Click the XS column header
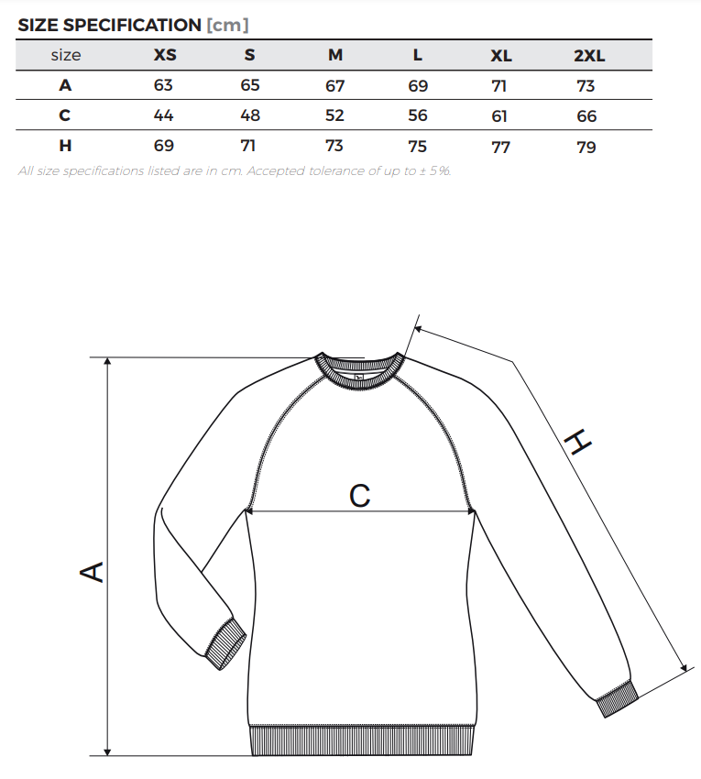coord(165,55)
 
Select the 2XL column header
coord(589,55)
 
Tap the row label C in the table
coord(64,115)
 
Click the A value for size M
coord(334,86)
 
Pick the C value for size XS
coord(163,115)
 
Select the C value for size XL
coord(499,116)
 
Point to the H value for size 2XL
coord(586,147)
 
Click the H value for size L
coord(417,146)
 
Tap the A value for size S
coord(250,85)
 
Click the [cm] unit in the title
coord(227,25)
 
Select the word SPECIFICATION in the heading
coord(132,25)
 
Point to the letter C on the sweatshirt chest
coord(360,495)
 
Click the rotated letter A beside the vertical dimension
coord(92,571)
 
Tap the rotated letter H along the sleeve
coord(578,442)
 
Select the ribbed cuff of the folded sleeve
coord(225,644)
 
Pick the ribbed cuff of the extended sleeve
coord(618,699)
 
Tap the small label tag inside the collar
coord(360,377)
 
